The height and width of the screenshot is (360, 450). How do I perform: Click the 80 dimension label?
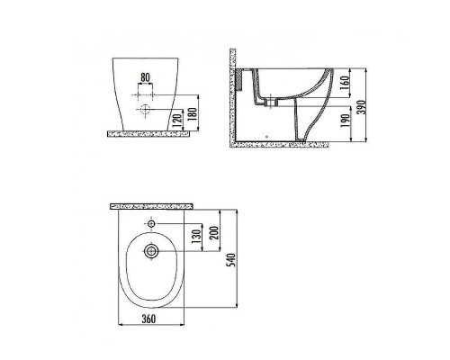click(x=145, y=77)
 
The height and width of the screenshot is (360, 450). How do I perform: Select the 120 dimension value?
click(x=178, y=121)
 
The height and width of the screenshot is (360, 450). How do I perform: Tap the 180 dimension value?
click(x=193, y=112)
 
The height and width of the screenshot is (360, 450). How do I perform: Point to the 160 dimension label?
click(x=346, y=83)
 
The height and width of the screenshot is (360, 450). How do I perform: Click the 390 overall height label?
click(x=362, y=106)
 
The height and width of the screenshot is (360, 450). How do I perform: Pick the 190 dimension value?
click(x=346, y=121)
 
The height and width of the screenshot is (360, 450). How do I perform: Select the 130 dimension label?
click(x=196, y=237)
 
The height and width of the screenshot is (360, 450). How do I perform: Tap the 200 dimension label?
click(x=214, y=232)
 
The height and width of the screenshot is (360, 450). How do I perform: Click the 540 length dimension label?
click(x=231, y=260)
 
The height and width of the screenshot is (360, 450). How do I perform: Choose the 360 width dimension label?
click(x=148, y=319)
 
